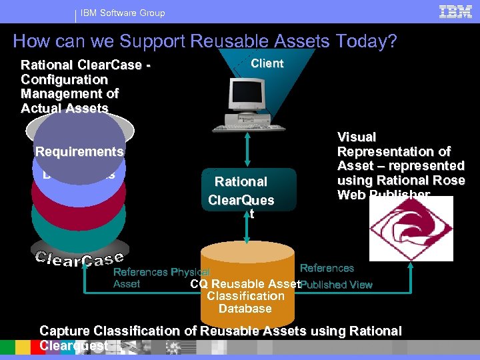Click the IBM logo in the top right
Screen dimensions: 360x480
pyautogui.click(x=455, y=11)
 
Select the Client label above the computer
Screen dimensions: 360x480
pyautogui.click(x=267, y=63)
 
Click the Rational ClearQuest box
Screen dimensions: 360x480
pyautogui.click(x=241, y=191)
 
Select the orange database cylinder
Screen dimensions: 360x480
pyautogui.click(x=248, y=280)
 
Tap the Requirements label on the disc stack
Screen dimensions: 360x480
pyautogui.click(x=79, y=151)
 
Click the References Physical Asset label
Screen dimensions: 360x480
pyautogui.click(x=160, y=277)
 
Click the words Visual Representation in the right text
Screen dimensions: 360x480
pyautogui.click(x=393, y=144)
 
